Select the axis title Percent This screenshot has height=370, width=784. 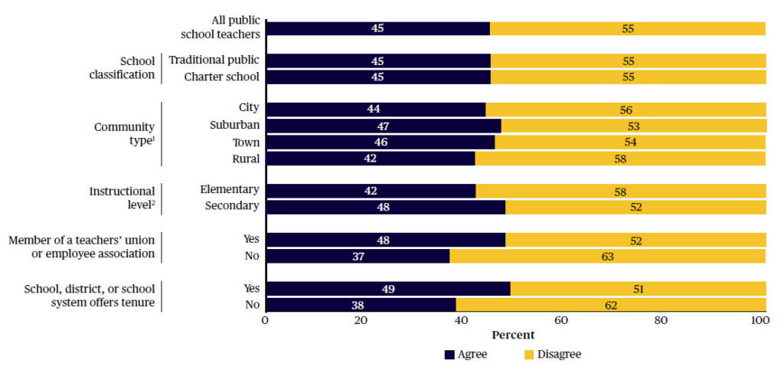point(513,335)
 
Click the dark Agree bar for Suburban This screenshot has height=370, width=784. point(383,126)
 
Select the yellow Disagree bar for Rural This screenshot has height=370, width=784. point(620,159)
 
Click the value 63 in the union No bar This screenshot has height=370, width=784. point(607,257)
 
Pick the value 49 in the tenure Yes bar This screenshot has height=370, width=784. point(387,289)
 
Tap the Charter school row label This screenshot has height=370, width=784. point(222,77)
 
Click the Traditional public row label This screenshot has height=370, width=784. point(214,60)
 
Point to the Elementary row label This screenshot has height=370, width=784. point(230,189)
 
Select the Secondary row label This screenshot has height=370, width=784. point(232,206)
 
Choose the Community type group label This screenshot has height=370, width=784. point(124,133)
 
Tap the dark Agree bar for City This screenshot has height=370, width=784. point(375,110)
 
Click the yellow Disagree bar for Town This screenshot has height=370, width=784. point(630,142)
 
